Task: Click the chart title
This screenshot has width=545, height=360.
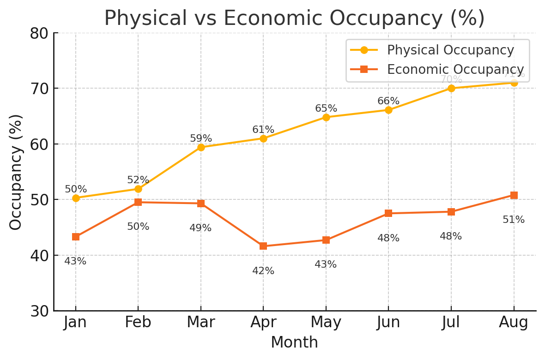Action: coord(294,18)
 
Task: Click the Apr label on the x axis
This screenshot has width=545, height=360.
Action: coord(263,323)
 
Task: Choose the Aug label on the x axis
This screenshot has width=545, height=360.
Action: coord(514,323)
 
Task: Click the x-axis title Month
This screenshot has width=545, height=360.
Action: coord(294,342)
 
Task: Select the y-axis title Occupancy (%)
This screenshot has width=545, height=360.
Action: coord(16,172)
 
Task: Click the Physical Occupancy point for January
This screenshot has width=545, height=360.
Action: coord(76,198)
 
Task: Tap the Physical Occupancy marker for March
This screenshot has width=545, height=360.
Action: coord(201,147)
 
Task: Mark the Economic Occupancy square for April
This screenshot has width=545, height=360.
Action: coord(263,246)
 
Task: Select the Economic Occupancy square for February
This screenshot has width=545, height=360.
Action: coord(138,202)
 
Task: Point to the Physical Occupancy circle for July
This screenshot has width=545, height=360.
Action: coord(451,88)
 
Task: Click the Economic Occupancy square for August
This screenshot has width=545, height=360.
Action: coord(514,195)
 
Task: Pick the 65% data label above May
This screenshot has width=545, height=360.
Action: coord(326,108)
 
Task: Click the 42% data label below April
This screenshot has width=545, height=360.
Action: coord(263,271)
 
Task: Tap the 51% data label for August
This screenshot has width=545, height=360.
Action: coord(514,220)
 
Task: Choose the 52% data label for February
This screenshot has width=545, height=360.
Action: coord(138,180)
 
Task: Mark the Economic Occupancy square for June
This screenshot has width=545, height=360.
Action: coord(388,213)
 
